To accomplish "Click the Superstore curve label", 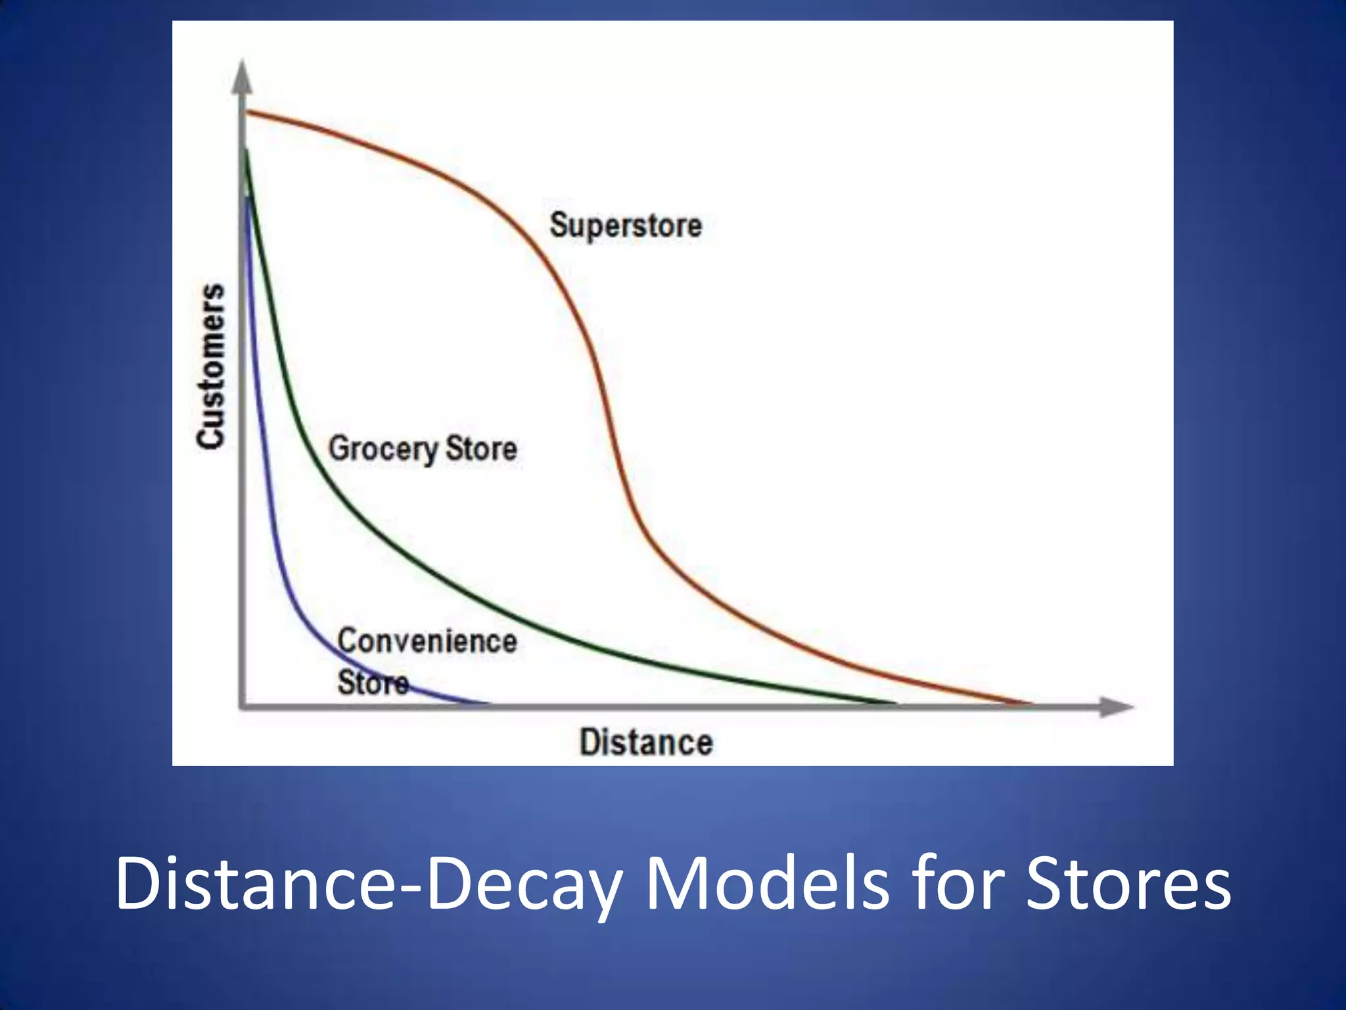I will pos(625,226).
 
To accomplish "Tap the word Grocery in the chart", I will pos(383,449).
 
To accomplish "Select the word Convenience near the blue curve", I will pos(427,640).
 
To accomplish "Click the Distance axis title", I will pos(646,742).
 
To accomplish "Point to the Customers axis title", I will pos(212,366).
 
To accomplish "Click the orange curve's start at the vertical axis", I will pos(248,113).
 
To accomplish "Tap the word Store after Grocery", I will pos(481,448).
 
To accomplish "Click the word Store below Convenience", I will pos(373,682).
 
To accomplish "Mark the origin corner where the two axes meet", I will pos(243,707).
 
